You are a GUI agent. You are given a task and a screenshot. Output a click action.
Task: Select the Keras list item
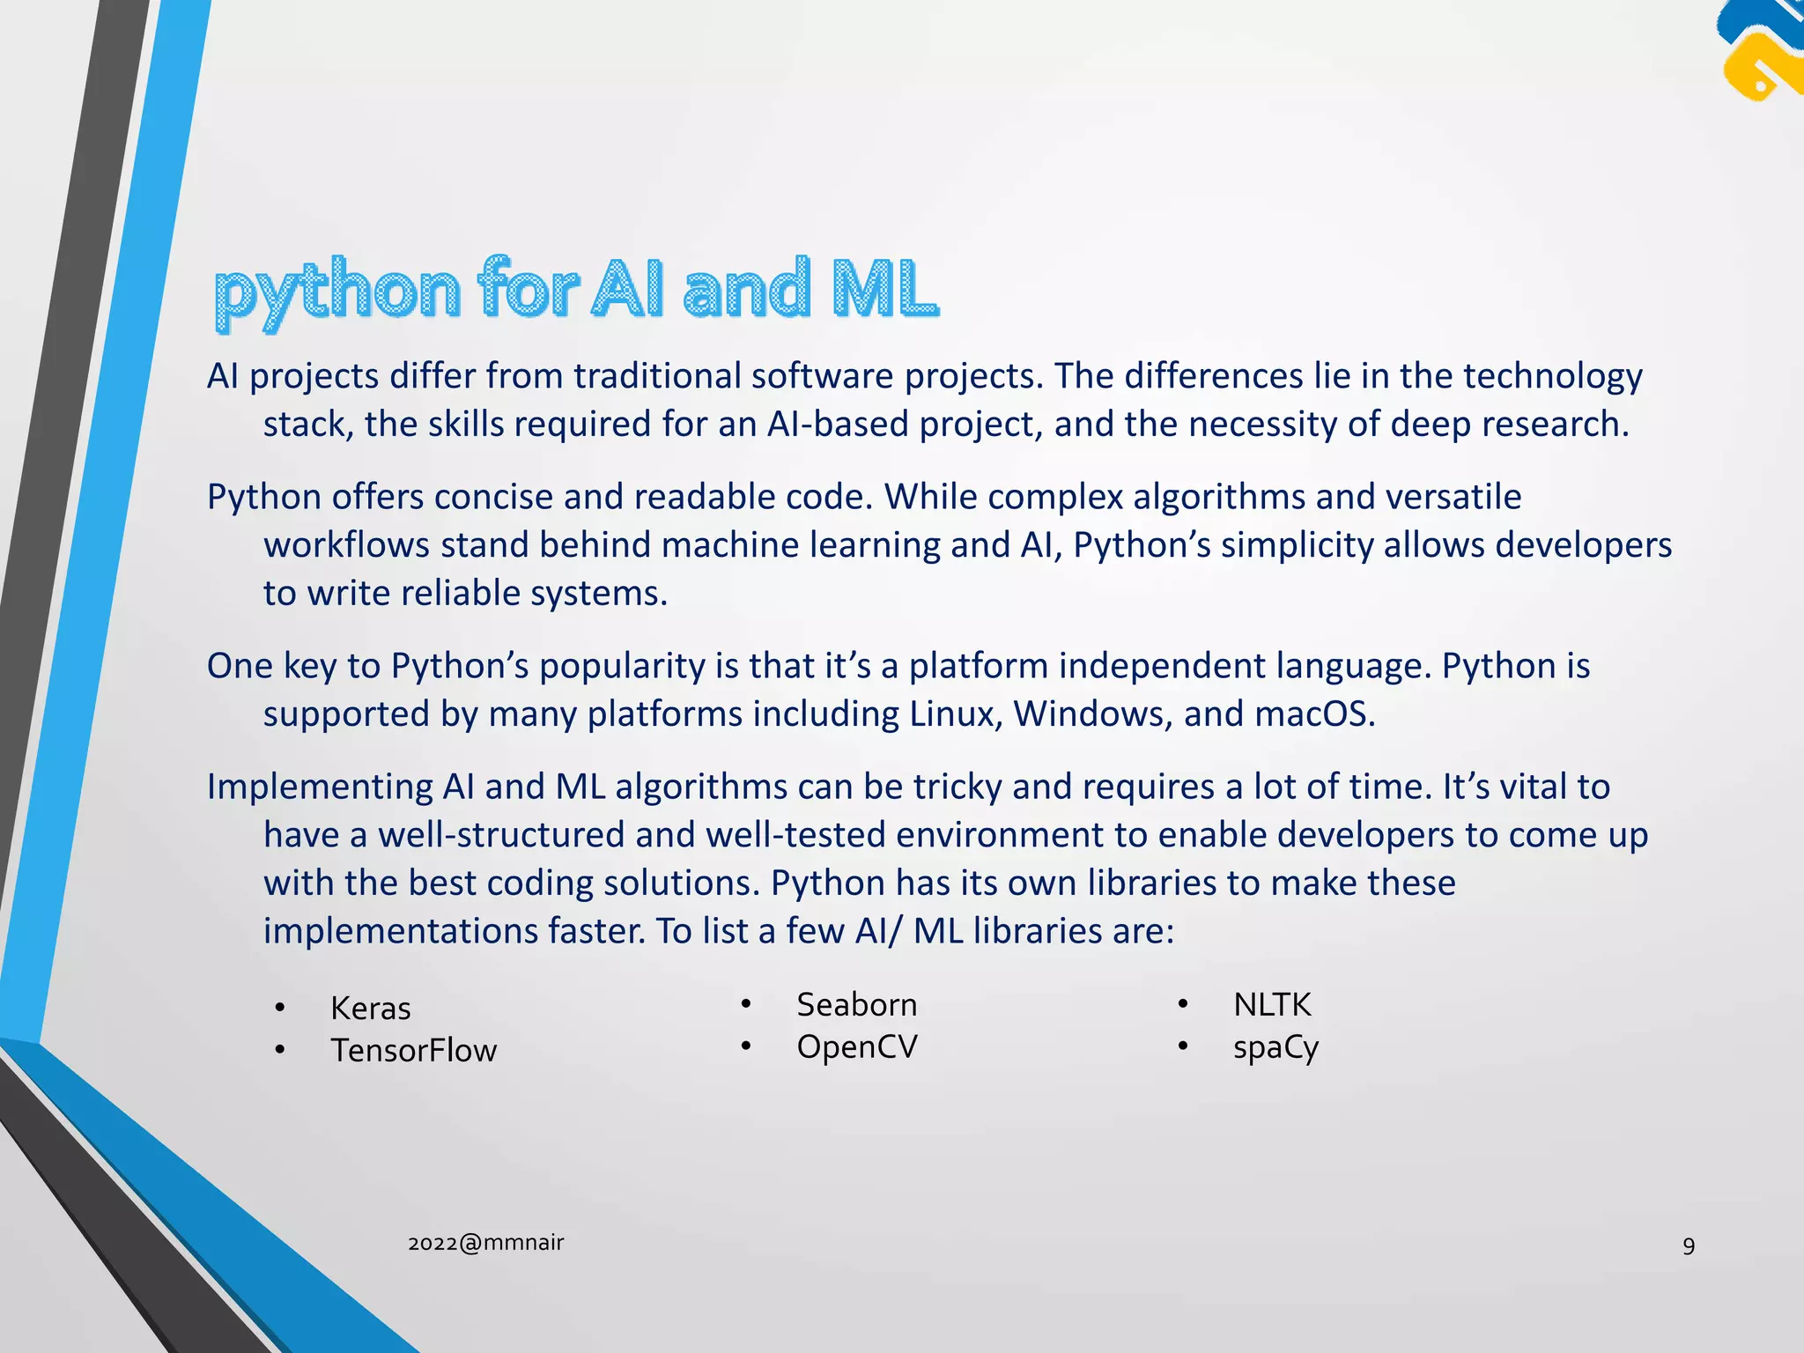point(370,1009)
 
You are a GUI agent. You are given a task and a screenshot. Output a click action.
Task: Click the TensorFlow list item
point(413,1051)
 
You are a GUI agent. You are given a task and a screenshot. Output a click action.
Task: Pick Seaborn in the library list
point(856,1005)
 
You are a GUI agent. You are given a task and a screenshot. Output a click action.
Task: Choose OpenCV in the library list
point(856,1047)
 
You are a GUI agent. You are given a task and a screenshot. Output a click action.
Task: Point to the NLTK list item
point(1271,1005)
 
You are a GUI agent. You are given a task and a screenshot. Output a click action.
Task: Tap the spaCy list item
point(1275,1048)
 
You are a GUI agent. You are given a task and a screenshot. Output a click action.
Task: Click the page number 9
point(1688,1246)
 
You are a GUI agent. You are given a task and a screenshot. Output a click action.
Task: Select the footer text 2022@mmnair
point(485,1243)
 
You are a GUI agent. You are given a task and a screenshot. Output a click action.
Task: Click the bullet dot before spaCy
point(1183,1046)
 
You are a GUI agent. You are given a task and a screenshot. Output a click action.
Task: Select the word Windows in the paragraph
point(1092,714)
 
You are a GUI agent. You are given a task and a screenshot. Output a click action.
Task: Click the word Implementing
point(320,787)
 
